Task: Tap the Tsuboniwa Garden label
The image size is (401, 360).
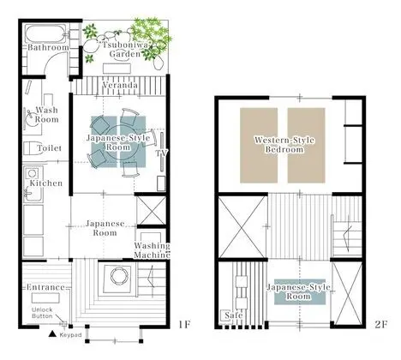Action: [x=125, y=50]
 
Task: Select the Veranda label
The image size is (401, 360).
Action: [x=120, y=85]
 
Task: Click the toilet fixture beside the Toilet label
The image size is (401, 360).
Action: [x=30, y=148]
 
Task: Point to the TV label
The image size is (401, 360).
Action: [x=161, y=153]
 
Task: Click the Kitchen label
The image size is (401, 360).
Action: [x=46, y=183]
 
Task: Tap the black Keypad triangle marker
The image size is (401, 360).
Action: [x=52, y=333]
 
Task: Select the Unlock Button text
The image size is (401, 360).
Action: [x=42, y=313]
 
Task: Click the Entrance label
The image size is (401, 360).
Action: [x=45, y=287]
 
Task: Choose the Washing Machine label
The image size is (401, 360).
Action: [x=152, y=250]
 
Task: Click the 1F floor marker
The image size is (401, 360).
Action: [x=184, y=325]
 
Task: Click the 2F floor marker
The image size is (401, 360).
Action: [x=380, y=325]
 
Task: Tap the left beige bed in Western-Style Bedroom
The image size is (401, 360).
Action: [x=259, y=145]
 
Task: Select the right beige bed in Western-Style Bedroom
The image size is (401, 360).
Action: [x=306, y=145]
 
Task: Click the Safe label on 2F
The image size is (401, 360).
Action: [x=234, y=315]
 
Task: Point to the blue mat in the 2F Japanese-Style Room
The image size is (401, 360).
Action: [x=300, y=291]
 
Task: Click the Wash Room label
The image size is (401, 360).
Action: [x=46, y=115]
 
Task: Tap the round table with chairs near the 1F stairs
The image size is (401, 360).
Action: [x=118, y=276]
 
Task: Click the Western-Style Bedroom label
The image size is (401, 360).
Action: [x=284, y=145]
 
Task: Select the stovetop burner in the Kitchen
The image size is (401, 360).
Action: [x=32, y=173]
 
